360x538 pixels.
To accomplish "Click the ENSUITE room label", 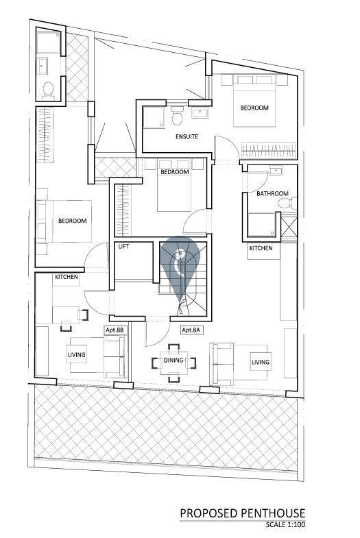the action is (x=187, y=136).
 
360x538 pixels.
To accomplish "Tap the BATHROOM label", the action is (x=272, y=193).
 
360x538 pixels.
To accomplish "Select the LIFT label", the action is (x=123, y=246).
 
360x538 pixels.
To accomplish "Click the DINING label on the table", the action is (x=173, y=360).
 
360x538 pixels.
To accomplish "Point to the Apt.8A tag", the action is (x=191, y=330).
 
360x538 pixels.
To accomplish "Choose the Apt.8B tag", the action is (x=116, y=330).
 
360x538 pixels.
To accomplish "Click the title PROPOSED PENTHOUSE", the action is (x=243, y=513).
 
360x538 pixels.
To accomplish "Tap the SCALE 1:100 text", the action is (x=285, y=524).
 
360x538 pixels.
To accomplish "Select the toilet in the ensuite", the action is (x=178, y=117).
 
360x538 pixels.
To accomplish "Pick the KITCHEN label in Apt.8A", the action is (x=261, y=248).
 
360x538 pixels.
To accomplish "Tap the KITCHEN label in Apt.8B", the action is (x=67, y=277).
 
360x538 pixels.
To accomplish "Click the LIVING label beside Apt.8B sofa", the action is (x=76, y=354).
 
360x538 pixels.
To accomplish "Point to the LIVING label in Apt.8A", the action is (x=261, y=362).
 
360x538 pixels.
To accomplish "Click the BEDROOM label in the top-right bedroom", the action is (x=254, y=108).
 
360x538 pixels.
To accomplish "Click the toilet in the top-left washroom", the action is (x=49, y=90).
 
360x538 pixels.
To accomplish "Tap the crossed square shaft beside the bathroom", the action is (x=289, y=227).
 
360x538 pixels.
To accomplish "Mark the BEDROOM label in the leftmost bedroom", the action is (x=73, y=221).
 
